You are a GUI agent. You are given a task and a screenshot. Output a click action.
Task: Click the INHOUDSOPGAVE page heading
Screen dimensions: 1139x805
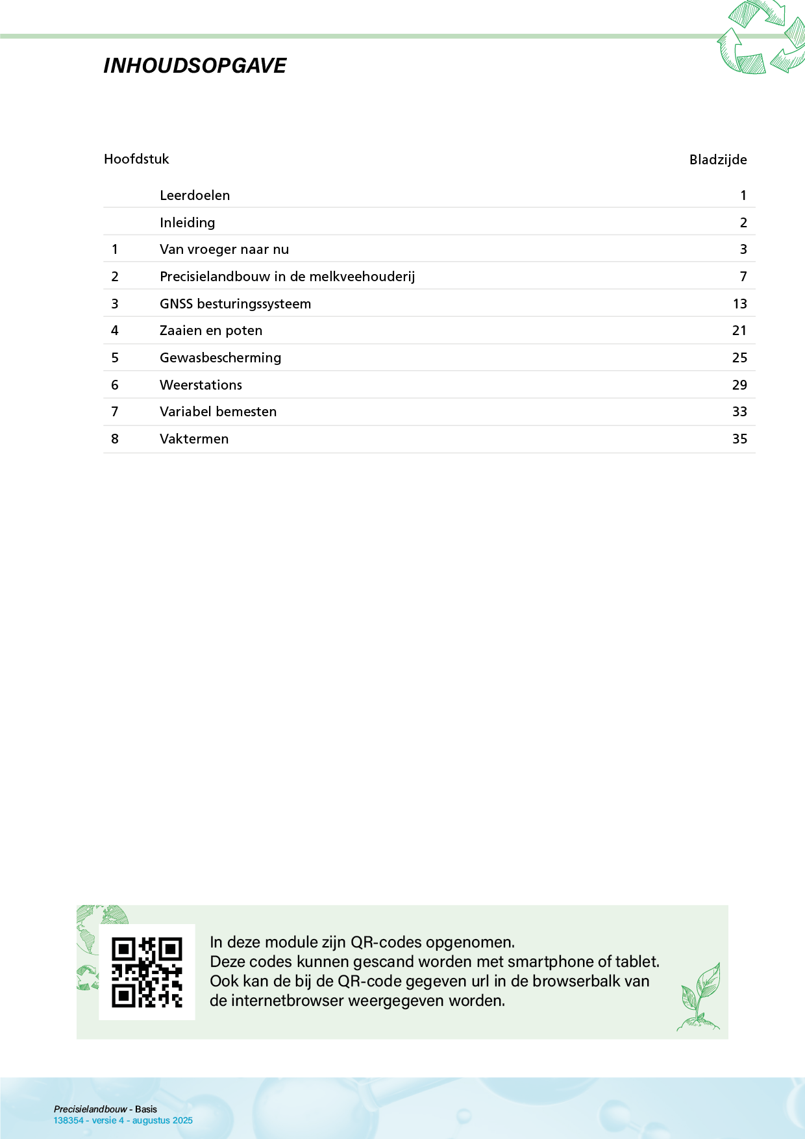[195, 66]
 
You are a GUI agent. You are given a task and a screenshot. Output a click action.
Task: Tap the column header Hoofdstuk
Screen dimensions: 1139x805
[136, 159]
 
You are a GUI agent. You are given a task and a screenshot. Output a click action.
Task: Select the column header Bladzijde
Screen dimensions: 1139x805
[717, 160]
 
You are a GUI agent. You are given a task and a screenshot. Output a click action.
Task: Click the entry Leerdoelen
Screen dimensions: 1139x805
[195, 195]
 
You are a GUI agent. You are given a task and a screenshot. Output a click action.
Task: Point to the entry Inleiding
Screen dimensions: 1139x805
[187, 223]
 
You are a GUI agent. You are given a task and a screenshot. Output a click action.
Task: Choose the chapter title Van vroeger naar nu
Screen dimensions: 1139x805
[224, 249]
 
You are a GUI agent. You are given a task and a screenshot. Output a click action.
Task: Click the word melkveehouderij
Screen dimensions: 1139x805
[362, 277]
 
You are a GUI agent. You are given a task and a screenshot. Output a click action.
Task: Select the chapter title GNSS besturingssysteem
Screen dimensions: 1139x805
[235, 304]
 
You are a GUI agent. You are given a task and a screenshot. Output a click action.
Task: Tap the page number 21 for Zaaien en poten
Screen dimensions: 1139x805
[739, 331]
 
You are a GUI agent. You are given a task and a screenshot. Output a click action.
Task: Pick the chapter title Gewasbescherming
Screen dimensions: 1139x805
[220, 358]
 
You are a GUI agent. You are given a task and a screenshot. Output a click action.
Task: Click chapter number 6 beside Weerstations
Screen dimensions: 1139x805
[115, 385]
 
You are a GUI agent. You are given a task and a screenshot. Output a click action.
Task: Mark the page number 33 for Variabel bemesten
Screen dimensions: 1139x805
[739, 412]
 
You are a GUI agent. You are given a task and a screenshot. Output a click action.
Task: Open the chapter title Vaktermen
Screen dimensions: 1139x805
[194, 439]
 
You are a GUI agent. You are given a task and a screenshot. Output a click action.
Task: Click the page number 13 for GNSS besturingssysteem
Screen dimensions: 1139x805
[739, 304]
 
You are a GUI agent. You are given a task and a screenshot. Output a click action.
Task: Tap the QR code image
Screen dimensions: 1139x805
[147, 972]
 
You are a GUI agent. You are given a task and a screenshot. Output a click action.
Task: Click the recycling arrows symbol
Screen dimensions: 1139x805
[761, 38]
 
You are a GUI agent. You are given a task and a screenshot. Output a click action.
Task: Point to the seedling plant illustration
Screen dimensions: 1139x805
[700, 997]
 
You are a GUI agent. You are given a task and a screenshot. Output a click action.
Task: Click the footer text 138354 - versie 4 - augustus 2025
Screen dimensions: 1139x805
[123, 1120]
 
